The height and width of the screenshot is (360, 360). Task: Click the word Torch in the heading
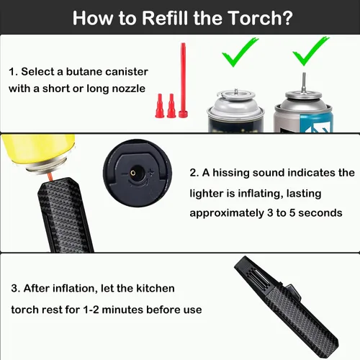coord(252,18)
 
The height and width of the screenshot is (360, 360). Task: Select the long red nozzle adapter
coord(183,80)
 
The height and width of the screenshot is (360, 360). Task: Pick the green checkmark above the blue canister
coord(310,50)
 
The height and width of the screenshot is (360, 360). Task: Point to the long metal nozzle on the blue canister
coord(304,82)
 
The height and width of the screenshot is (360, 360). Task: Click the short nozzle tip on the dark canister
coord(236,91)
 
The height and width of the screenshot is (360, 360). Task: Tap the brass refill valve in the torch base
coord(132,173)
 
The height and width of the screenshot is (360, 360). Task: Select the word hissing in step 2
coord(231,173)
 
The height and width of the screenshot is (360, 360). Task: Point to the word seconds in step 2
coord(320,213)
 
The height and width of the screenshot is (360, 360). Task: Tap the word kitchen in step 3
coord(156,288)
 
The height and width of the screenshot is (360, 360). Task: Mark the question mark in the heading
coord(286,18)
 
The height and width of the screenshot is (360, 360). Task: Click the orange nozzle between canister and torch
coord(50,177)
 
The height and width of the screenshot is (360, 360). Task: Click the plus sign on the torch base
coord(151,172)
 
